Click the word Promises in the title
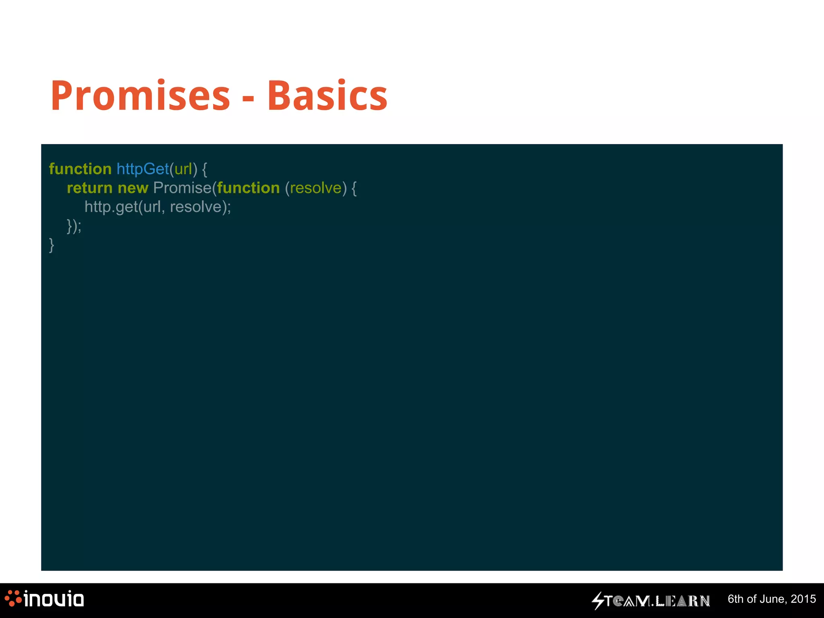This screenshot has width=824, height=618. [x=140, y=96]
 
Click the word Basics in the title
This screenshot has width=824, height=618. [x=327, y=96]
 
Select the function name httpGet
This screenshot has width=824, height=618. [x=142, y=169]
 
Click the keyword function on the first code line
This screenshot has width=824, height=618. [x=80, y=169]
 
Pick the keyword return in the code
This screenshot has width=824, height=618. [x=89, y=188]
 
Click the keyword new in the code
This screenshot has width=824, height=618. [x=133, y=188]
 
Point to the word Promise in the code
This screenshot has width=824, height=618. [x=182, y=188]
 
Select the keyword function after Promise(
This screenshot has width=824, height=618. [x=248, y=188]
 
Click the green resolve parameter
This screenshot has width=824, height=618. [x=315, y=188]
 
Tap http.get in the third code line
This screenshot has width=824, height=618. [x=111, y=207]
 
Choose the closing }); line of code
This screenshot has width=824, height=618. [x=74, y=226]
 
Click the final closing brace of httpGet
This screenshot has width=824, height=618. [x=51, y=245]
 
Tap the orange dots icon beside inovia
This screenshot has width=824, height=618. [x=13, y=598]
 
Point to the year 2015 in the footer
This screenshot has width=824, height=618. [x=803, y=599]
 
